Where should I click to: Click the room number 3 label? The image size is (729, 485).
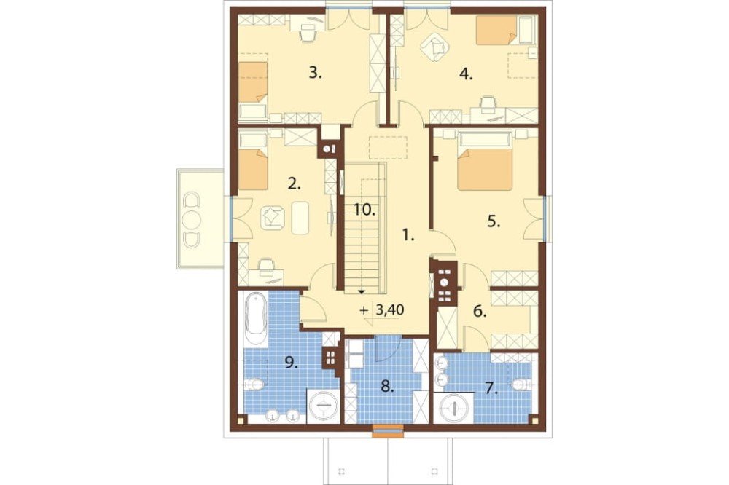coord(315,73)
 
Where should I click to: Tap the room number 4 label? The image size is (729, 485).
coord(466,74)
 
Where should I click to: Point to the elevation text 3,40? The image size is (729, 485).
coord(389,310)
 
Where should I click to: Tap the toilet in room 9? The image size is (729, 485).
coord(254,385)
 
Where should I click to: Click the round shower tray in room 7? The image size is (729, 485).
coord(453,408)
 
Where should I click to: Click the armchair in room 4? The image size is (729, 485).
coord(434,47)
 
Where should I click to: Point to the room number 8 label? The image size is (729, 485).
coord(387,386)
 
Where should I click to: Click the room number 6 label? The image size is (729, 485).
coord(480,312)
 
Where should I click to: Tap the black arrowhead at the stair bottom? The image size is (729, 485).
coord(362,292)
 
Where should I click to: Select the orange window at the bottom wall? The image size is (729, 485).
coord(388,431)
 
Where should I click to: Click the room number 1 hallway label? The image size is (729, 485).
coord(408,236)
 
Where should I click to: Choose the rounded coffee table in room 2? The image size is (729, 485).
coord(300,218)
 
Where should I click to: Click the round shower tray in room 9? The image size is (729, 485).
coord(322,406)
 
